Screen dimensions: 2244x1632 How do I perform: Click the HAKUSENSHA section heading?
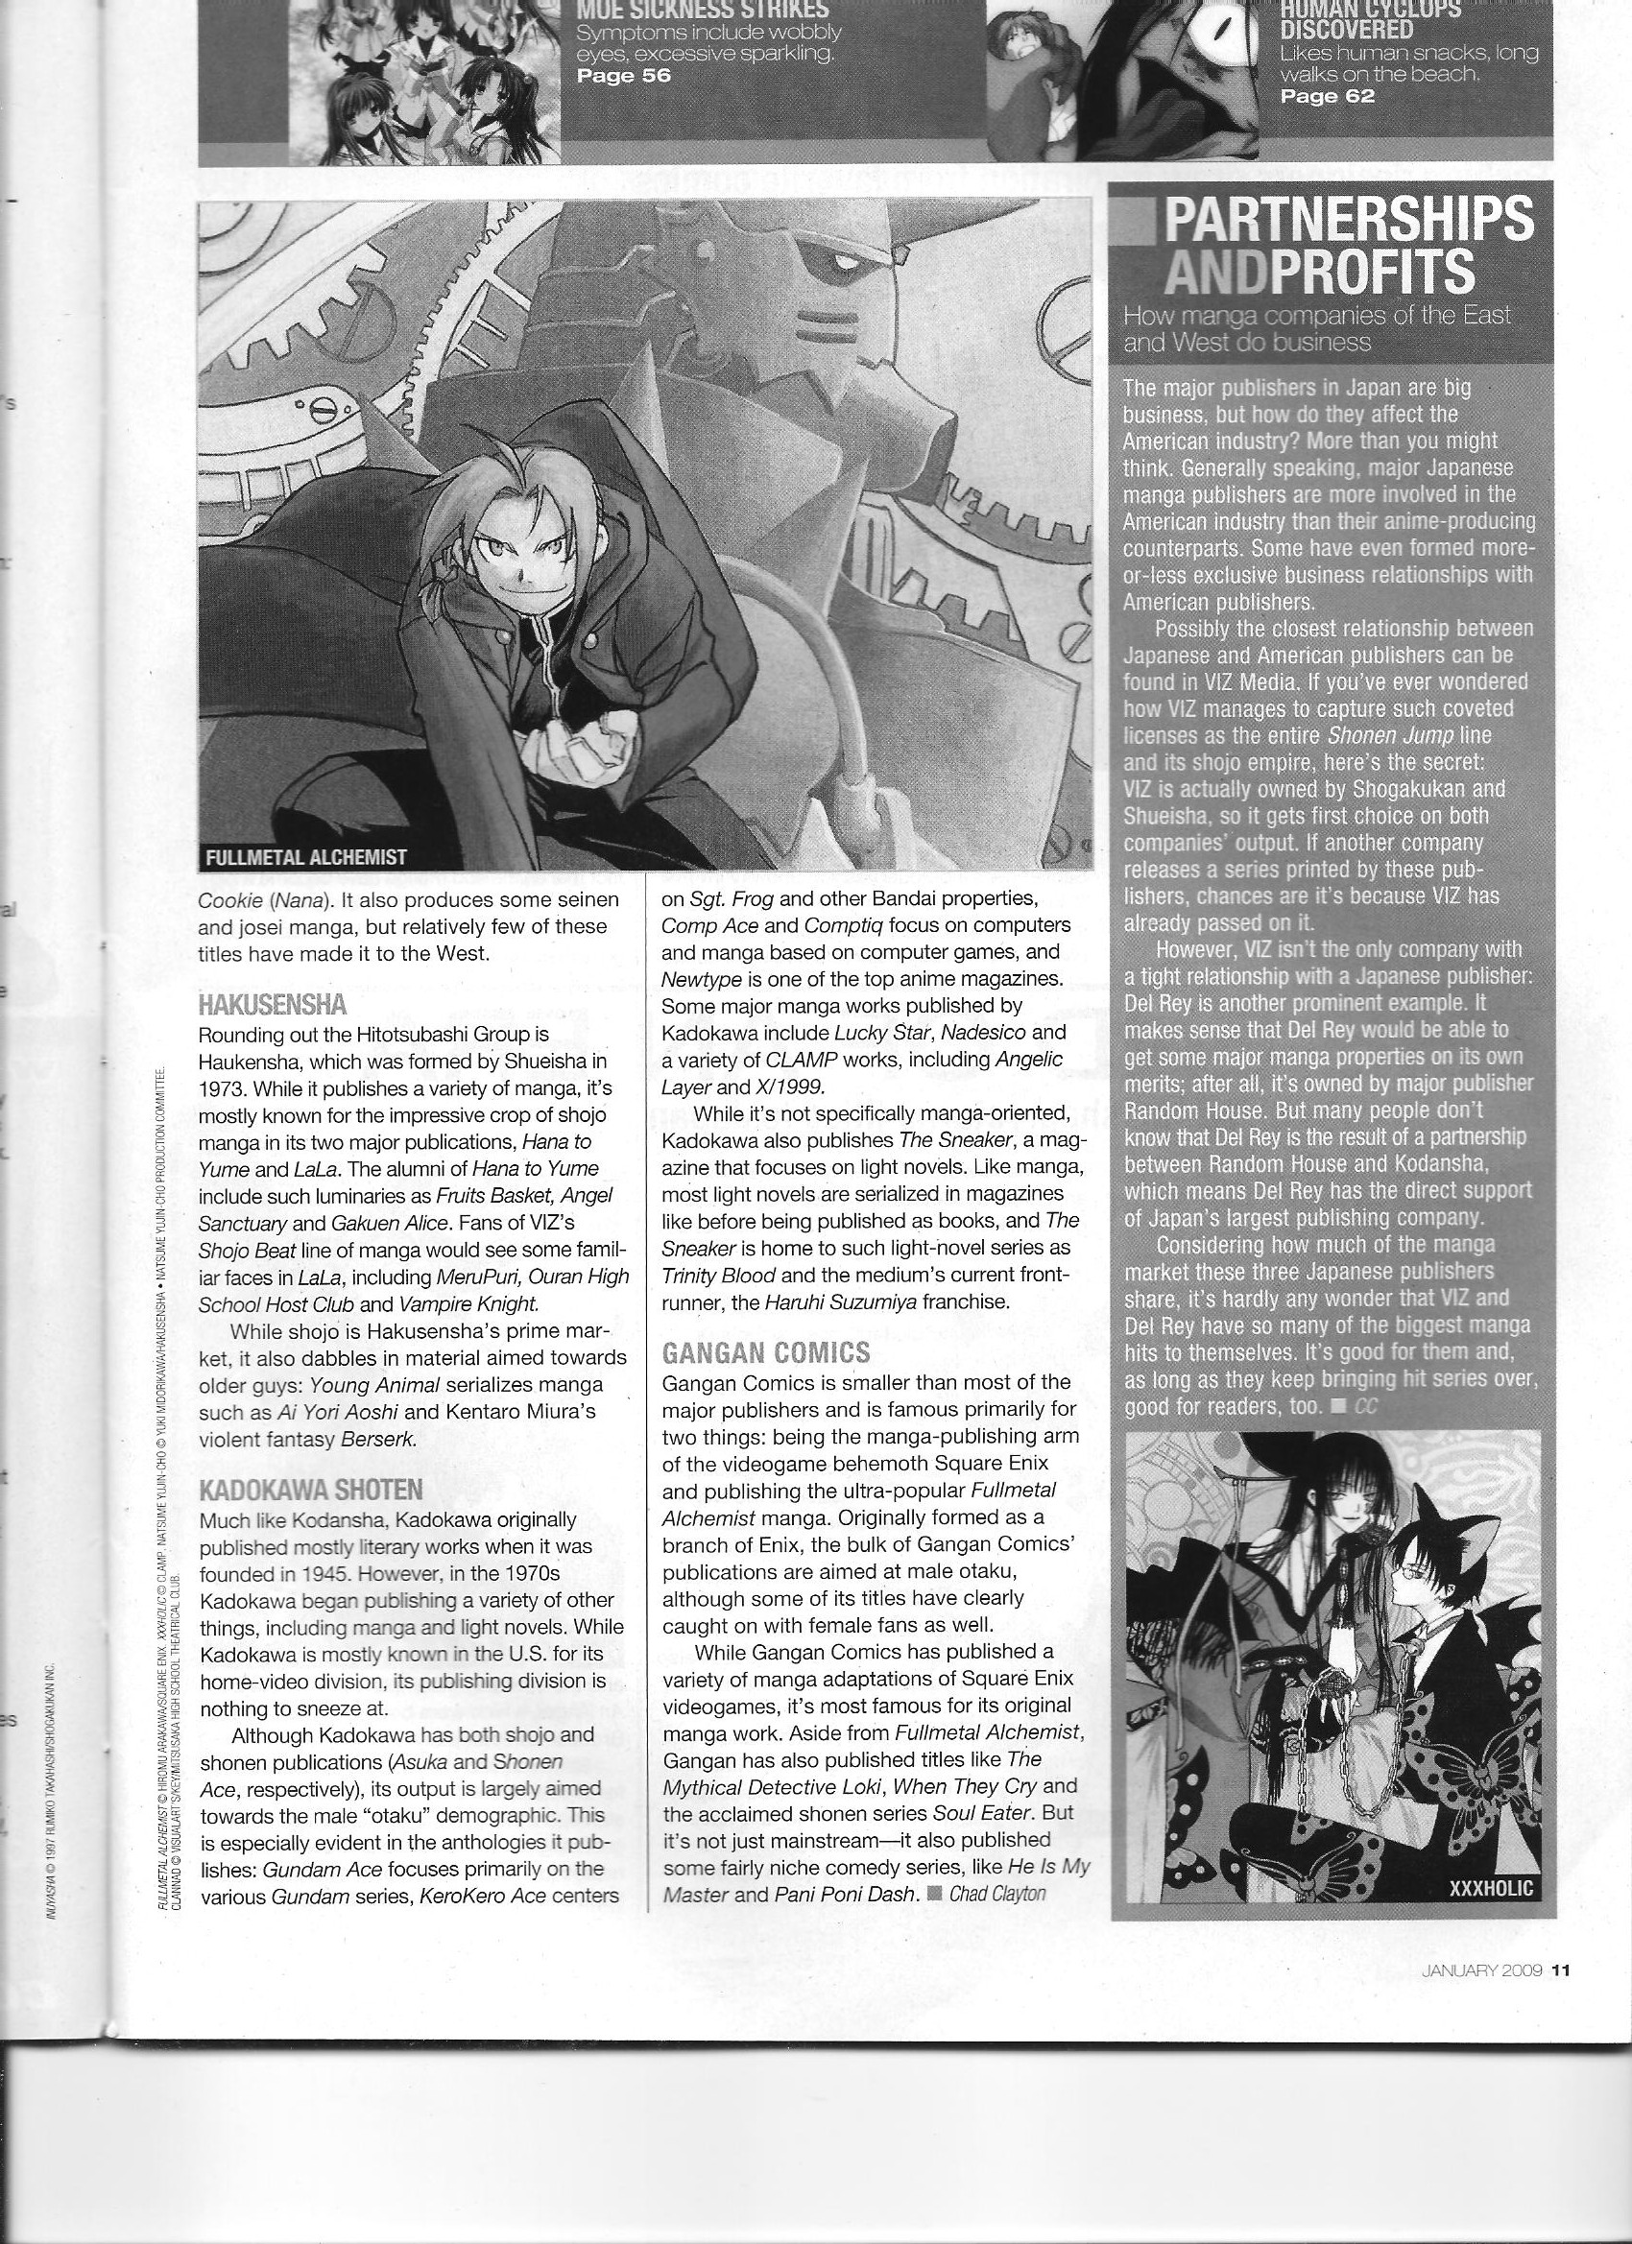point(273,1006)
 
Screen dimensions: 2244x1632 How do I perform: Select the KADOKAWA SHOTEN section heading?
point(311,1490)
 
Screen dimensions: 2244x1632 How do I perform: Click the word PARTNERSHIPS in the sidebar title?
point(1348,219)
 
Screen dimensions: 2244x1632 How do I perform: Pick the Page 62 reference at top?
point(1327,96)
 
